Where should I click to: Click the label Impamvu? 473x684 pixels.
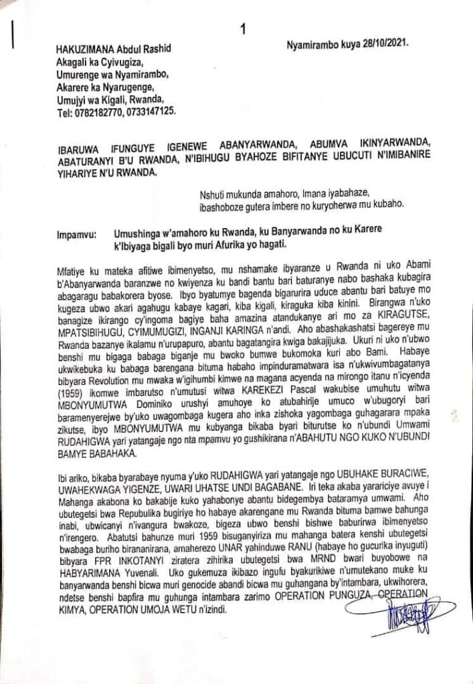(x=78, y=235)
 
